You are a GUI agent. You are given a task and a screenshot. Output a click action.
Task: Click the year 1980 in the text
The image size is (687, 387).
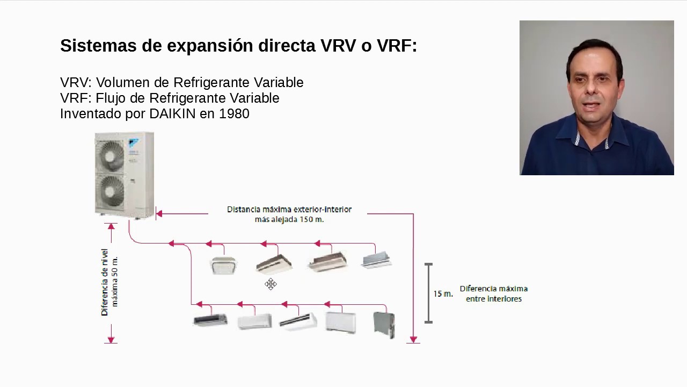click(234, 114)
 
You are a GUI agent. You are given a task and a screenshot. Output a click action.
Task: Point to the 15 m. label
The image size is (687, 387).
click(443, 294)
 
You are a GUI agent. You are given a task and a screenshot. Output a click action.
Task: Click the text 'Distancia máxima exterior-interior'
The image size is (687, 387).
click(289, 209)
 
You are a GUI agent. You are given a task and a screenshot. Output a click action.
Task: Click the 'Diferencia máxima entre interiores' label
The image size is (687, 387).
click(493, 293)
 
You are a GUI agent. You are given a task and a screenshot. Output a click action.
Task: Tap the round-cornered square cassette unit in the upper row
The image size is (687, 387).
click(223, 265)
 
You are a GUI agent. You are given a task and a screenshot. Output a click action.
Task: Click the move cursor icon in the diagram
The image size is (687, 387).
click(271, 284)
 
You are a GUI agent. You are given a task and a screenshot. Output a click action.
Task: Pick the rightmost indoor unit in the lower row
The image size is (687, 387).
click(384, 324)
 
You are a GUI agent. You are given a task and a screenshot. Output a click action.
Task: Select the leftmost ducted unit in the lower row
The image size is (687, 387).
click(210, 320)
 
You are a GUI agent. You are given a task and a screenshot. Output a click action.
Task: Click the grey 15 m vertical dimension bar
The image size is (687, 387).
click(428, 293)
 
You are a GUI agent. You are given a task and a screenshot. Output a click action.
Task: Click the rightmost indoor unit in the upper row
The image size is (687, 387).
click(377, 260)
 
